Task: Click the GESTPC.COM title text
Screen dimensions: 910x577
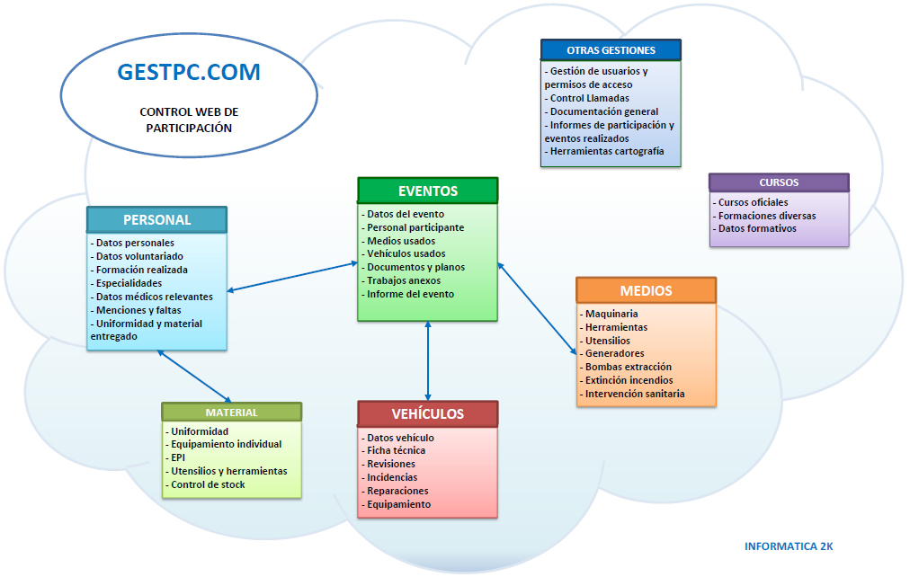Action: (189, 72)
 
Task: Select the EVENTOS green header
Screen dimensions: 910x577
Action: (428, 191)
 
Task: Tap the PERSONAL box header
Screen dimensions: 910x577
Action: (156, 220)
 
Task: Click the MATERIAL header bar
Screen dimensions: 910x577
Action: (232, 413)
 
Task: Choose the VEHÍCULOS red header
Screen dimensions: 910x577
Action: (428, 414)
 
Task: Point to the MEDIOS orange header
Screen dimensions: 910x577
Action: (646, 290)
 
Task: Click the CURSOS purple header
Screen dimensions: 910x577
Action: (779, 182)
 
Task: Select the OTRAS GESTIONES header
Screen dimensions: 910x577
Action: (611, 50)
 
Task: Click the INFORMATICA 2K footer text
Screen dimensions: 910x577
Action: (789, 546)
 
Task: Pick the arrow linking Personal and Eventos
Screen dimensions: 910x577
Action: (292, 277)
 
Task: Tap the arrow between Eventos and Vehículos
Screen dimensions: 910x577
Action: (428, 360)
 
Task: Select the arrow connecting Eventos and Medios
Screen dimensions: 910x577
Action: (537, 308)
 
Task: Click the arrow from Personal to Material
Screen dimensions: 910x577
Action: (194, 377)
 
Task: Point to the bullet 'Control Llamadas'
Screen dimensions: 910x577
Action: (587, 98)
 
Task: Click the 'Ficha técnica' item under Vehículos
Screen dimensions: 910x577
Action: (394, 450)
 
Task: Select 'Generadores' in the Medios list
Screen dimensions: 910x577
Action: (611, 353)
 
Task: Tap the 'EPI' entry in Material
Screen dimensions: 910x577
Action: (175, 457)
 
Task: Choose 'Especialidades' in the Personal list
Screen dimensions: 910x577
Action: (126, 283)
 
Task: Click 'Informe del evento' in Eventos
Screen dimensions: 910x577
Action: (408, 294)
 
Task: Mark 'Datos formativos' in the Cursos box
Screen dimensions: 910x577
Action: (754, 228)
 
